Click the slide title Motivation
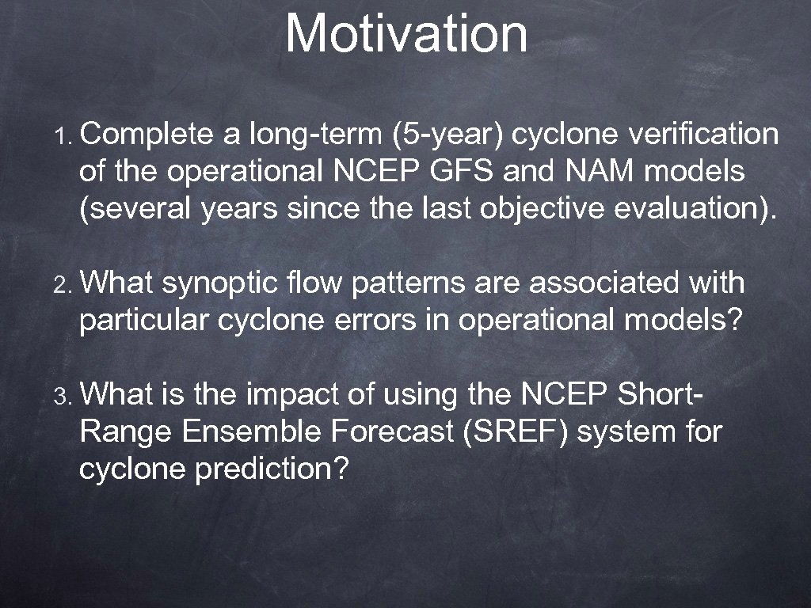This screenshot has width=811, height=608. [406, 33]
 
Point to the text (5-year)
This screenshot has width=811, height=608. [447, 135]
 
